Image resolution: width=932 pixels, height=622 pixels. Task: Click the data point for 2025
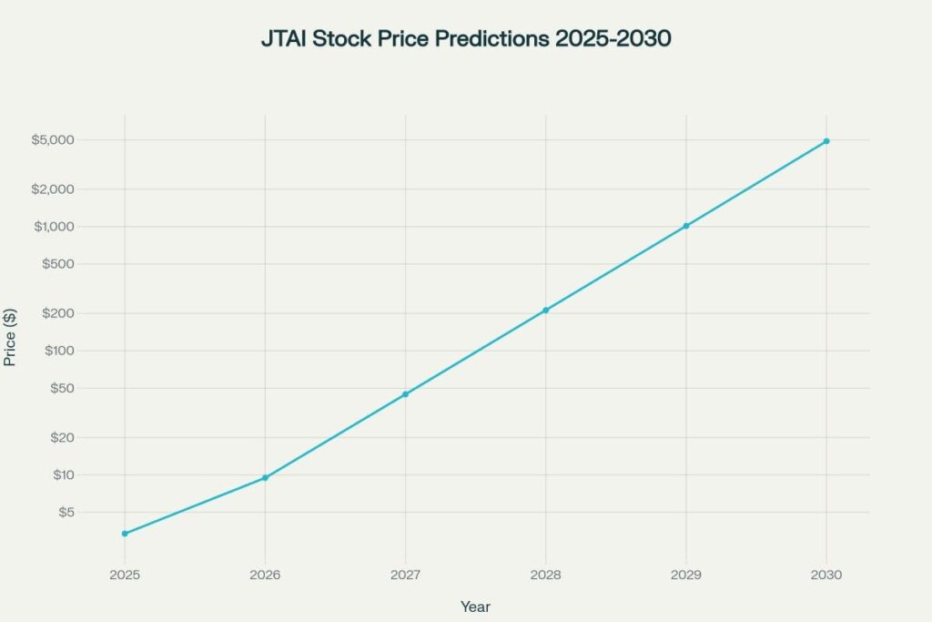coord(125,534)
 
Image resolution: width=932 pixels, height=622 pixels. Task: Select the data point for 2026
coord(265,478)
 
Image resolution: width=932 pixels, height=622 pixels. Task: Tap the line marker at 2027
coord(405,394)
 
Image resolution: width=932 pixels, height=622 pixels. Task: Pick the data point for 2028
coord(546,311)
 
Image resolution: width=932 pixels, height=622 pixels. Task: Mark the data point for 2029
coord(686,226)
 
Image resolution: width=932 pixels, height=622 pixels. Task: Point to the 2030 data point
coord(826,141)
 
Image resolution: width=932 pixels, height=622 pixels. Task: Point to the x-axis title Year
coord(475,607)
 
